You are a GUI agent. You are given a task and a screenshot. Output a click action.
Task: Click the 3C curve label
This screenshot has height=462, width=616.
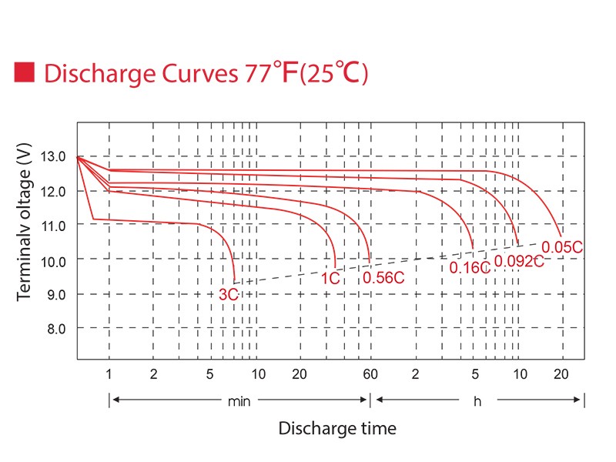tap(228, 294)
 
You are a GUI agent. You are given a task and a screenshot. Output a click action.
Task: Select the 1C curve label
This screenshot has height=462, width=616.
tap(331, 278)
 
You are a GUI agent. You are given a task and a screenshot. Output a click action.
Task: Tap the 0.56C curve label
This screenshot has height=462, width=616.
tap(383, 278)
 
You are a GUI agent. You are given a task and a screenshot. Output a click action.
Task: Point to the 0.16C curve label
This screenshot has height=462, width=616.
tap(470, 267)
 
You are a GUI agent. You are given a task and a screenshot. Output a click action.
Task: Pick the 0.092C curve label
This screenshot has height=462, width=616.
tap(519, 261)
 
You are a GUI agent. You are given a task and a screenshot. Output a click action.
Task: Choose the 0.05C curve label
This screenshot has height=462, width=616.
tap(562, 246)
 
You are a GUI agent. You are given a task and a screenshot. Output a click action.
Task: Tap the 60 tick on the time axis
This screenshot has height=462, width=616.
tap(370, 374)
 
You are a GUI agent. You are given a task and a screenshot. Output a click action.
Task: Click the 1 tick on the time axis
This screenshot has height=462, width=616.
tap(109, 374)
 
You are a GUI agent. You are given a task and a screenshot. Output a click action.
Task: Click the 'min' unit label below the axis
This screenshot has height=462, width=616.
tap(239, 400)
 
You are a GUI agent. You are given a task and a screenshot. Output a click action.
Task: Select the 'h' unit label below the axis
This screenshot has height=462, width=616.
tap(478, 400)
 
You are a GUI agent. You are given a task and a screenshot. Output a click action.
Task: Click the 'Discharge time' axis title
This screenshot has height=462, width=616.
tap(337, 428)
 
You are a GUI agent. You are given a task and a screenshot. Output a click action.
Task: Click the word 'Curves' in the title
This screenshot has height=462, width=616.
tap(192, 73)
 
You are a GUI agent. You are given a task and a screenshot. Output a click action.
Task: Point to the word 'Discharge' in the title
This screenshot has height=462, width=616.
tap(95, 73)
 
